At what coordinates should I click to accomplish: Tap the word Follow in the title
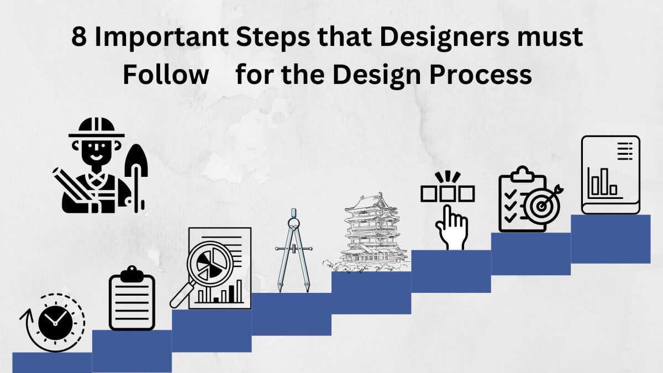[165, 74]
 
